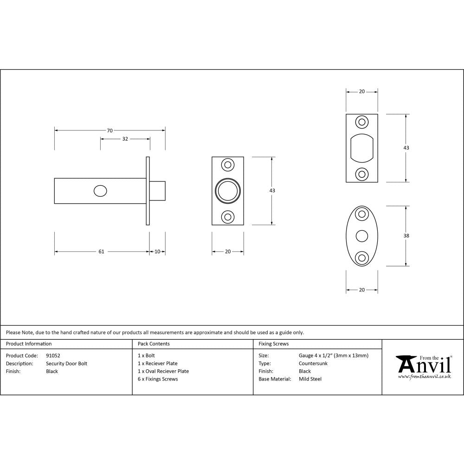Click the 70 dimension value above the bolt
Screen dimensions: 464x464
[x=110, y=130]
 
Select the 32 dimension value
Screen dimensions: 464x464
[x=125, y=139]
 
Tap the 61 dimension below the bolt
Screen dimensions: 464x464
[x=101, y=251]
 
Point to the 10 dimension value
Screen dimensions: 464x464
[x=157, y=251]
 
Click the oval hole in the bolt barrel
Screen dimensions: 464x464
[x=100, y=191]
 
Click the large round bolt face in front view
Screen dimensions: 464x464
[x=227, y=191]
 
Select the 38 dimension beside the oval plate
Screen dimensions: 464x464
[x=406, y=236]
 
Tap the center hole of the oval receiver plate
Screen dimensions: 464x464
[x=361, y=236]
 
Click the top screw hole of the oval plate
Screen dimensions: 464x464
[x=361, y=214]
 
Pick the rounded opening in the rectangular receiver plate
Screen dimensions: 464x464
[x=361, y=148]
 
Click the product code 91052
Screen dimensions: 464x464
[x=53, y=355]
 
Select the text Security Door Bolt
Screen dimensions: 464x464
[x=66, y=363]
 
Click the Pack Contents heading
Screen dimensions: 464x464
[x=154, y=344]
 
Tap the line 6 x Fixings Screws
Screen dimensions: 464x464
[x=158, y=379]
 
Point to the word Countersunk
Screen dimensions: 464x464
[x=313, y=363]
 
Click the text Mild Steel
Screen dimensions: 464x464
[x=310, y=379]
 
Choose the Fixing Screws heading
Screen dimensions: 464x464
[x=273, y=344]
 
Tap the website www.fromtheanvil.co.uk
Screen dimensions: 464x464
[x=424, y=377]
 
